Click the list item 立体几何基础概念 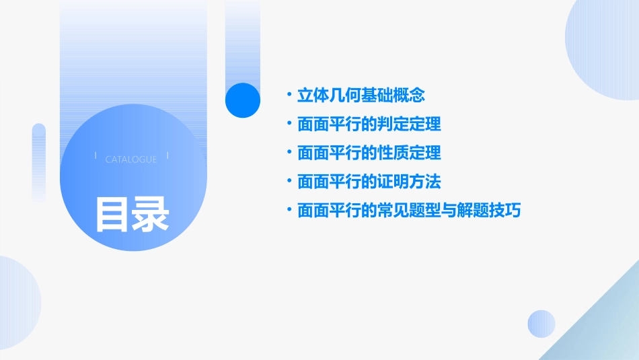tap(361, 96)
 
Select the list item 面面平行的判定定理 tap(369, 124)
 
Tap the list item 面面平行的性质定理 tap(369, 153)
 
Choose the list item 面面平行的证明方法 tap(369, 182)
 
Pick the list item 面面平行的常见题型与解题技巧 tap(409, 211)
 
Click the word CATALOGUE tap(131, 159)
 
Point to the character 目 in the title tap(112, 214)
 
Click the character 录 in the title tap(151, 214)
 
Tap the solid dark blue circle tap(242, 100)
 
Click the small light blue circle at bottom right tap(541, 324)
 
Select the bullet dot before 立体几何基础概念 tap(289, 96)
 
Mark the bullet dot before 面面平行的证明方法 tap(289, 182)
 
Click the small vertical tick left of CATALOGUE tap(96, 156)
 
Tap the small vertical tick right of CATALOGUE tap(167, 156)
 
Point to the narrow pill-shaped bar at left tap(39, 161)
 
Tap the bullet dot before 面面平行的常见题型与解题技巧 tap(289, 211)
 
